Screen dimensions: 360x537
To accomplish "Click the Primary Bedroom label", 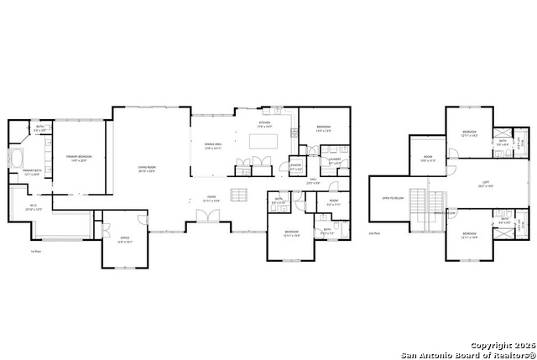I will [79, 158].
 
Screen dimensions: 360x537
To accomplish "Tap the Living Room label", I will [148, 168].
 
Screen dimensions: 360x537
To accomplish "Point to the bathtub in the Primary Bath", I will [17, 159].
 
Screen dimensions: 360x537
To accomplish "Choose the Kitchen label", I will [264, 123].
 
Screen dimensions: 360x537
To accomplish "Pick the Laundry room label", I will [334, 160].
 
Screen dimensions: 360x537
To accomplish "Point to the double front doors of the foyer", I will [206, 217].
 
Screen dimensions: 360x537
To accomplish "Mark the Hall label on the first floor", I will [312, 180].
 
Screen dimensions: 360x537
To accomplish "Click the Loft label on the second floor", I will [485, 184].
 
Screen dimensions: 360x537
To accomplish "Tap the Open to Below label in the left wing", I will [393, 198].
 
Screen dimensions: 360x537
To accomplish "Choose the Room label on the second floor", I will [428, 158].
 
